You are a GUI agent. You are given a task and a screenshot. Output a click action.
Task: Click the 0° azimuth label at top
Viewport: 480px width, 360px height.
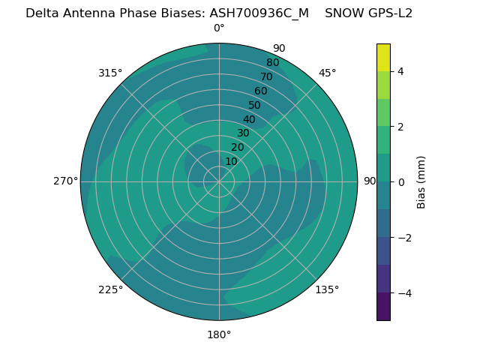click(x=219, y=28)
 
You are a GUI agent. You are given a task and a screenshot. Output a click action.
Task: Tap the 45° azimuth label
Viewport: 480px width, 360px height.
click(x=328, y=73)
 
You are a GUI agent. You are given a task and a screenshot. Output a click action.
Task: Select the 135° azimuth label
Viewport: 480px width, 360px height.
click(x=327, y=289)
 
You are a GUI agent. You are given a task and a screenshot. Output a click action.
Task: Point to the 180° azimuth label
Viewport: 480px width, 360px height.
click(x=219, y=334)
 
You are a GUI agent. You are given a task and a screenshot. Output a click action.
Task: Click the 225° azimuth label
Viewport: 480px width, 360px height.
click(x=110, y=289)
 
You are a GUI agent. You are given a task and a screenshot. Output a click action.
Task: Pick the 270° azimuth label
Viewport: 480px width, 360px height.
click(x=65, y=181)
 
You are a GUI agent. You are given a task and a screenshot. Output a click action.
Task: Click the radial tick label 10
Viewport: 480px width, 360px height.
click(x=231, y=161)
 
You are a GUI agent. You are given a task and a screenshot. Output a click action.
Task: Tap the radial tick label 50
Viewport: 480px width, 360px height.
click(x=255, y=106)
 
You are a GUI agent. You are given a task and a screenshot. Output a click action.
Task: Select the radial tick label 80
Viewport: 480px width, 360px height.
click(x=273, y=63)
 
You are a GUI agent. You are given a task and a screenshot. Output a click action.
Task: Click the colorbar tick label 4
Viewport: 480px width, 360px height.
click(x=400, y=71)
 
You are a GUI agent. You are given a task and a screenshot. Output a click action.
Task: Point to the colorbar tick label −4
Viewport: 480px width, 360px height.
click(x=403, y=292)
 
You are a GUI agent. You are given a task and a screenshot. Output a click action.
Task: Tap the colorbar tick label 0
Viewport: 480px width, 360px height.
click(x=400, y=181)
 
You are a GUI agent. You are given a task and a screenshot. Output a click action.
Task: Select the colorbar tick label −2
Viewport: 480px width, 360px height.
click(x=403, y=237)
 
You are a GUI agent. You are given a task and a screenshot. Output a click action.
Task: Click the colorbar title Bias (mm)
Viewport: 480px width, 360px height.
click(x=421, y=181)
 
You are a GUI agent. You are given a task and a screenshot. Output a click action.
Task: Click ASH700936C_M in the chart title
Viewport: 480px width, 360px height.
click(x=259, y=13)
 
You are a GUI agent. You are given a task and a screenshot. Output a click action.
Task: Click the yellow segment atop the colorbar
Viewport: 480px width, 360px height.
click(x=383, y=57)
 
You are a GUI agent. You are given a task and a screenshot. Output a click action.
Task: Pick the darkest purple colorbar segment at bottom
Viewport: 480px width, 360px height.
click(x=383, y=306)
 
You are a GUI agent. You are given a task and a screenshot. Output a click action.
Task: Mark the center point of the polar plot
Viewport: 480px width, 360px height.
click(x=219, y=181)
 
